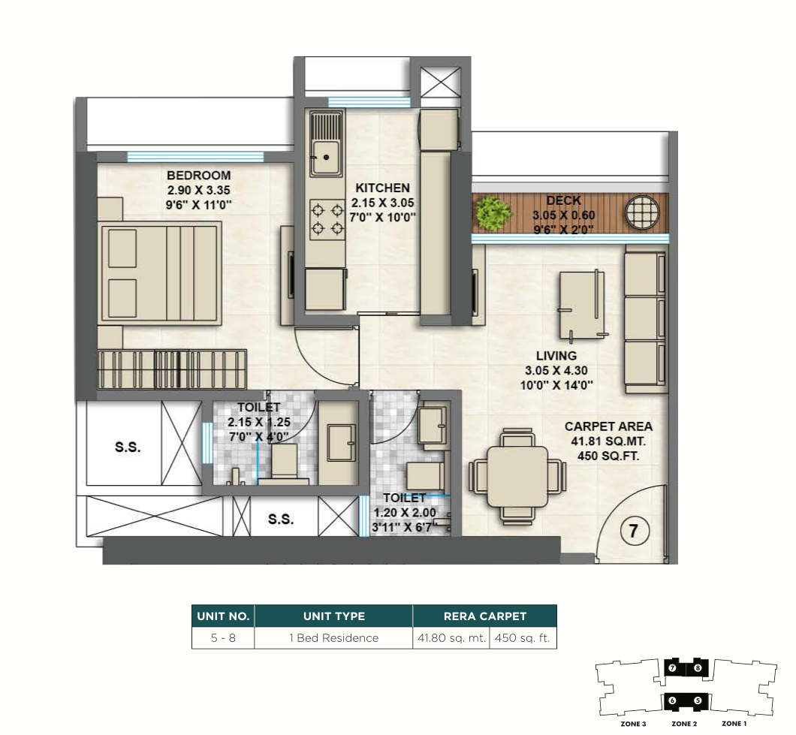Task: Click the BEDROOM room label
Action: pos(198,176)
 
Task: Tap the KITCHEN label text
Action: pos(382,188)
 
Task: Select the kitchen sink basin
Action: pos(325,157)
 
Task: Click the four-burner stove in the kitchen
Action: pos(327,219)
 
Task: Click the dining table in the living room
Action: pos(517,477)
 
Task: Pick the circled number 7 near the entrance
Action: pos(634,531)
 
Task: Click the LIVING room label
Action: pos(556,356)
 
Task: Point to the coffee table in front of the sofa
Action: pos(582,305)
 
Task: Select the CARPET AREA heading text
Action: pos(608,426)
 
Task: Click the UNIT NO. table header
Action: pos(223,616)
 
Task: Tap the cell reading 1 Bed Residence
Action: pos(334,638)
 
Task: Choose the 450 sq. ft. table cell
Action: pos(523,638)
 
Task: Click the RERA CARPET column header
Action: pos(485,616)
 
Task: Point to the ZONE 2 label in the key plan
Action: pos(684,723)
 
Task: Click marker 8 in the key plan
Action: pos(698,668)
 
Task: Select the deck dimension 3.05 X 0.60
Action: pos(563,215)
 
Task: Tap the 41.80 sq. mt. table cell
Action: pos(451,638)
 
